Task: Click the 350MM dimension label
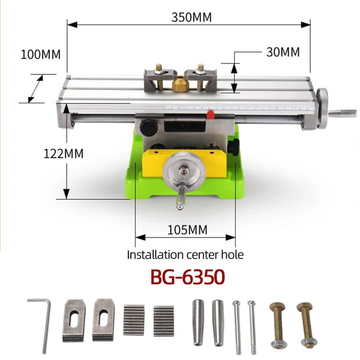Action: [191, 17]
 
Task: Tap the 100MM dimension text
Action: [41, 55]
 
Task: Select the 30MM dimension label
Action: [283, 52]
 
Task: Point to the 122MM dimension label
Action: [64, 154]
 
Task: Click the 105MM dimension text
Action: [187, 230]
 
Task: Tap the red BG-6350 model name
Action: [188, 277]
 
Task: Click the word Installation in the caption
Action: [155, 254]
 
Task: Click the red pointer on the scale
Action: [210, 115]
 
